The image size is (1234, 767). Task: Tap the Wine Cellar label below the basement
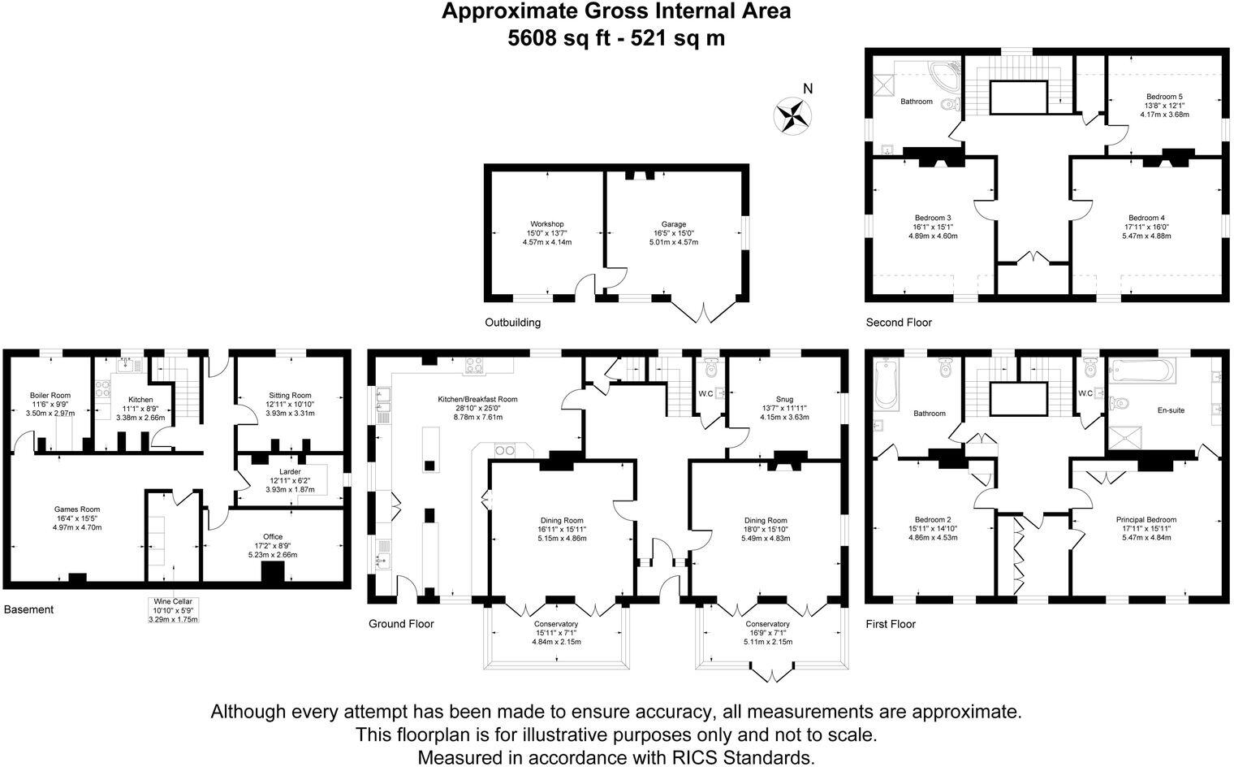coord(173,601)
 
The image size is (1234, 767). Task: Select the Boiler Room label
coord(50,396)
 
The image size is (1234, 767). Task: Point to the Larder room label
coord(289,471)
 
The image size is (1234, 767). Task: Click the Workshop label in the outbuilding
coord(546,224)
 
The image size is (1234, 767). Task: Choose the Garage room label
coord(673,224)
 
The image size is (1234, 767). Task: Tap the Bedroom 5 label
coord(1164,95)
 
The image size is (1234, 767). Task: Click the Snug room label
coord(783,399)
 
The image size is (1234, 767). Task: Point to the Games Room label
coord(77,509)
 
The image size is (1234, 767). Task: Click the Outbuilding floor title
coord(512,323)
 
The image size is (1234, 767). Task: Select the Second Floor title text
coord(899,323)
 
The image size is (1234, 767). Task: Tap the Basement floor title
coord(28,609)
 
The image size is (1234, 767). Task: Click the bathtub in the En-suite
coord(1141,372)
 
